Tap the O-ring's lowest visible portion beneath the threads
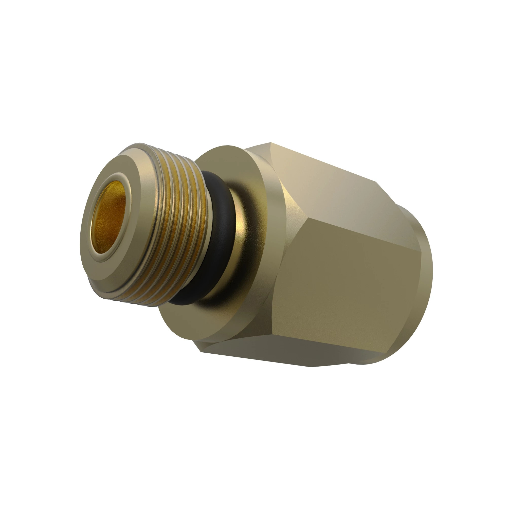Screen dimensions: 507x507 click(184, 299)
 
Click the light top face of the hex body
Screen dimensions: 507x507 click(328, 184)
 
